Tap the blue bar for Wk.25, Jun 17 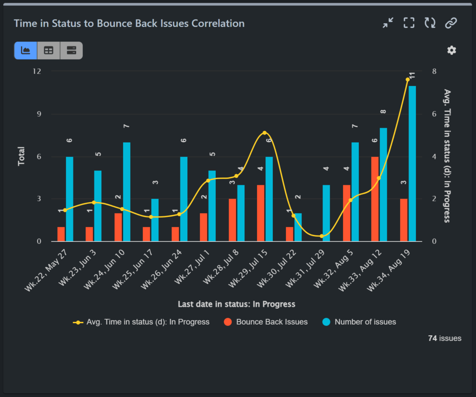tap(155, 220)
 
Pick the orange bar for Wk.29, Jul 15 tap(261, 213)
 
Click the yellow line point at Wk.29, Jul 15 tap(264, 133)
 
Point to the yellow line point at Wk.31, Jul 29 tap(322, 236)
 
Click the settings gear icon tap(451, 50)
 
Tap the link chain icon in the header tap(451, 23)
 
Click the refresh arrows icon tap(430, 23)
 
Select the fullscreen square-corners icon tap(409, 23)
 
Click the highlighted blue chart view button tap(26, 50)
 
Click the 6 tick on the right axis tap(434, 114)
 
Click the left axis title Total tap(21, 156)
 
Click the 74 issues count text tap(444, 338)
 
